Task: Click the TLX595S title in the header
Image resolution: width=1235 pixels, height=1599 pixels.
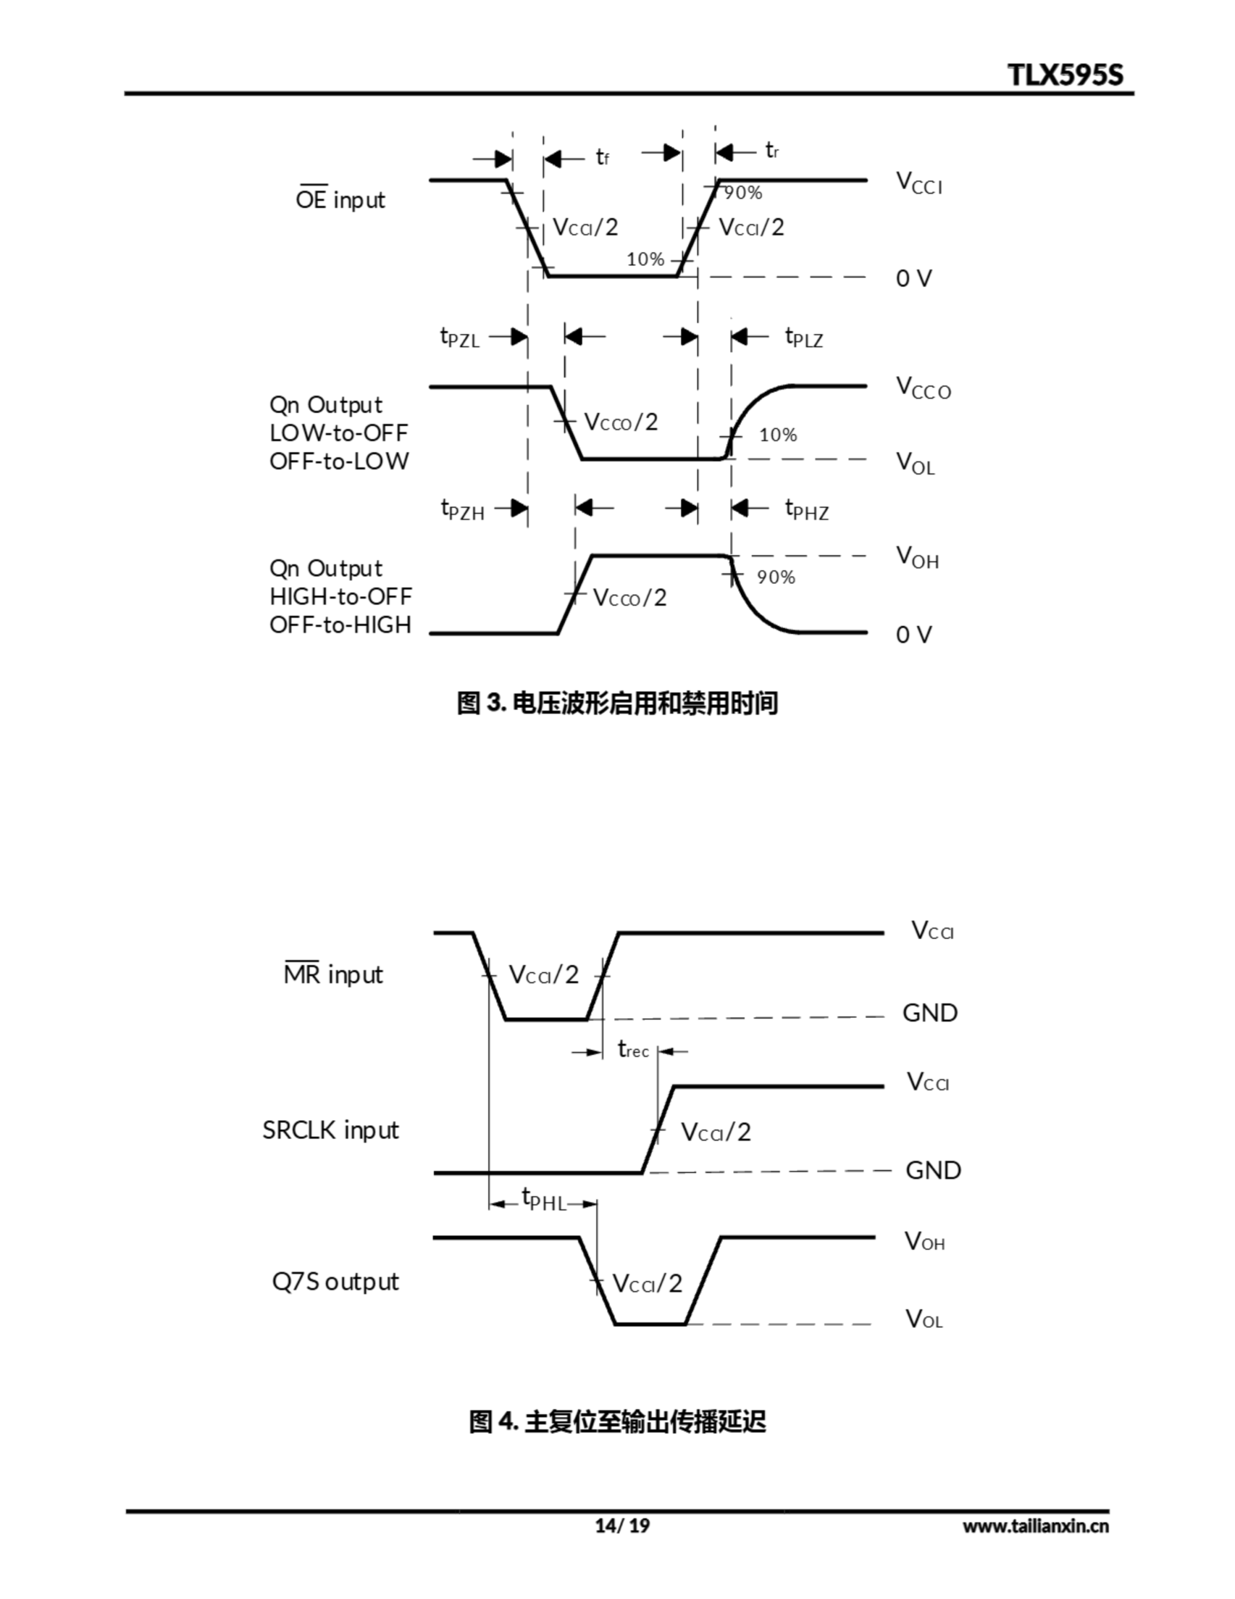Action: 1065,75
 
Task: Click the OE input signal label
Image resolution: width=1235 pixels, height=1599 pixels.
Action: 340,199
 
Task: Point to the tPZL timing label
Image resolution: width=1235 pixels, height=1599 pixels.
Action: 459,337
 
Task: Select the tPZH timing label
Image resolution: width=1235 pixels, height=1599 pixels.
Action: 462,509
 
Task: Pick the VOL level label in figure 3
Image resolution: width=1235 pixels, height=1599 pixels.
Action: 915,463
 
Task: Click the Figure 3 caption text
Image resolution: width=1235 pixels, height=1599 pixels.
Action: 616,703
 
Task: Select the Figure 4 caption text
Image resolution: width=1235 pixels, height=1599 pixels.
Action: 616,1422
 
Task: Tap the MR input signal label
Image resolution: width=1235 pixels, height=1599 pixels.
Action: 333,974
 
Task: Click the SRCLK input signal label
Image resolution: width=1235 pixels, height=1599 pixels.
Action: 330,1131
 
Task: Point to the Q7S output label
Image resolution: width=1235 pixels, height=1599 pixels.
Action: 335,1281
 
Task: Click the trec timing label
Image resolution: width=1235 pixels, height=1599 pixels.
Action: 632,1050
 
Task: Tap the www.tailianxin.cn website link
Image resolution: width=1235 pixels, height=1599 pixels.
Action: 1035,1526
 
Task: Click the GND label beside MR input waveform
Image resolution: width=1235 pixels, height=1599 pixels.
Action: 930,1012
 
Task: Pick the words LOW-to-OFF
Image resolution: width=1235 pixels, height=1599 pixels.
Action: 338,433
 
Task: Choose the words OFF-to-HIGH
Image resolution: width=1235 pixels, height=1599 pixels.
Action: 340,625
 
